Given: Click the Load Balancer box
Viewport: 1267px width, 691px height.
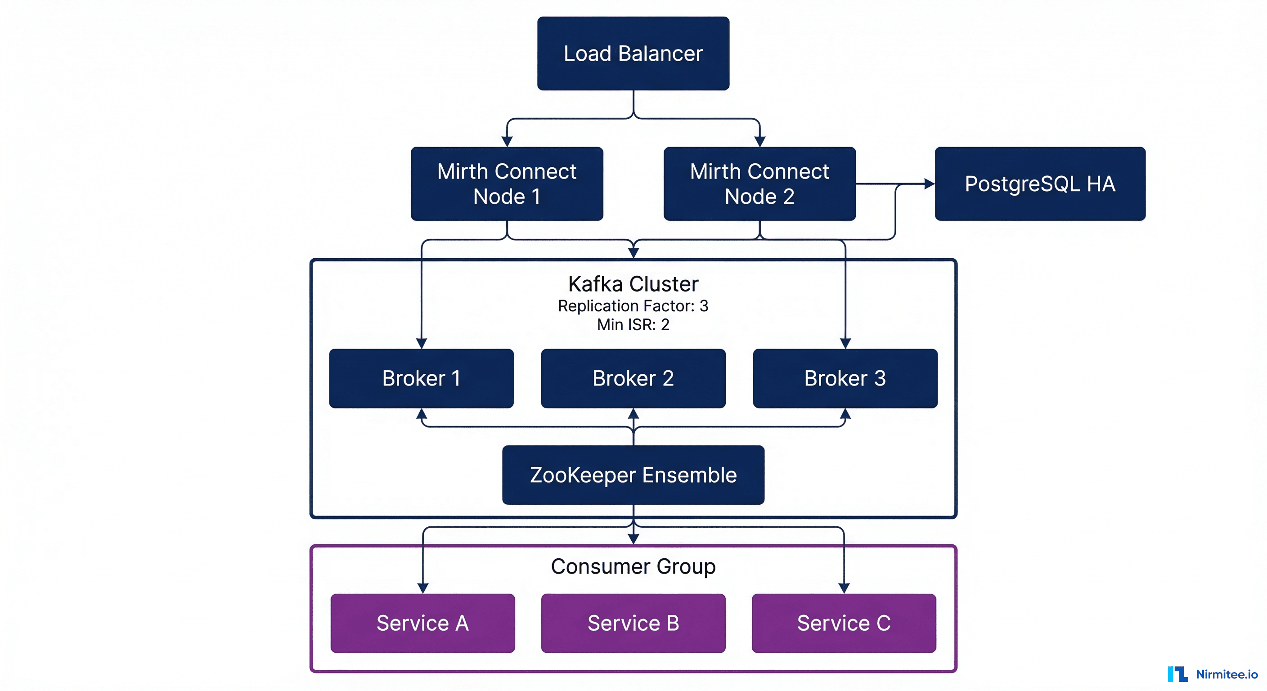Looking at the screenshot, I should click(633, 53).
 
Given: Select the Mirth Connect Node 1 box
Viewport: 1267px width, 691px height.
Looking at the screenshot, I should click(507, 184).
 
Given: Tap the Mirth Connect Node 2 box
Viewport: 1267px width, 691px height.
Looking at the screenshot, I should click(759, 184).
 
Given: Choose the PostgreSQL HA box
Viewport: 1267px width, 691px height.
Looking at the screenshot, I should click(1040, 184).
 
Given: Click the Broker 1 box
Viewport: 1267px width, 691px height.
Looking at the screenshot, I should click(421, 378).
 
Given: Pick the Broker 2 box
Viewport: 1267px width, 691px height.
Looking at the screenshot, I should click(633, 378).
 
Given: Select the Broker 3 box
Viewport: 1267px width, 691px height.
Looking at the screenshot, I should click(845, 378).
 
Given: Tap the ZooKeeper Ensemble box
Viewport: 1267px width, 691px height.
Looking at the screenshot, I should click(633, 475).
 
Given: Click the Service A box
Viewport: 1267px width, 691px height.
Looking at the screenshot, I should click(422, 623).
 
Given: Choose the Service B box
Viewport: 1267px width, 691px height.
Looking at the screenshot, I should click(633, 623).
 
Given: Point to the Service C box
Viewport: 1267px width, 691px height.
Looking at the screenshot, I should click(844, 623).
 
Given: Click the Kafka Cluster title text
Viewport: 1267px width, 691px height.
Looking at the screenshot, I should click(633, 284).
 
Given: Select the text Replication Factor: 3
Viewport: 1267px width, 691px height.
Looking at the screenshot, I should click(633, 306).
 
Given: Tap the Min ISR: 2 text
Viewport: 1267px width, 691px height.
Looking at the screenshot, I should click(633, 325).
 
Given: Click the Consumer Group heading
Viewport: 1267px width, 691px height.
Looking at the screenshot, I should click(633, 566).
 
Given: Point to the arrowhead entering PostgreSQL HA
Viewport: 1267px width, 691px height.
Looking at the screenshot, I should click(929, 184).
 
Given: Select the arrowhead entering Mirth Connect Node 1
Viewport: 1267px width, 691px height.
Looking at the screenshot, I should click(507, 141).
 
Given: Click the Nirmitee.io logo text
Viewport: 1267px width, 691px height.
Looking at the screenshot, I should click(1227, 674).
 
